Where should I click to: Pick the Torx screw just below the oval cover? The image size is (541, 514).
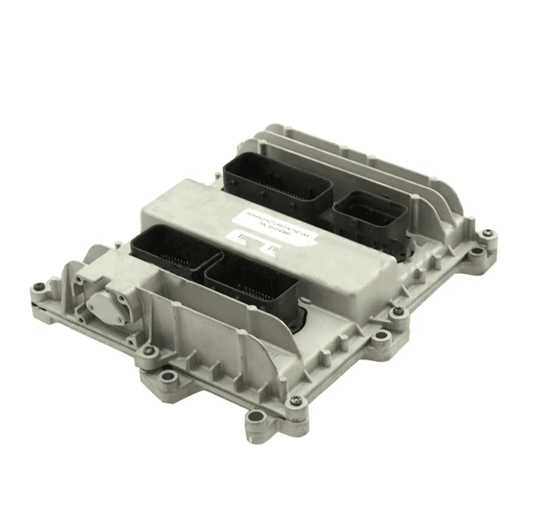tap(150, 351)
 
